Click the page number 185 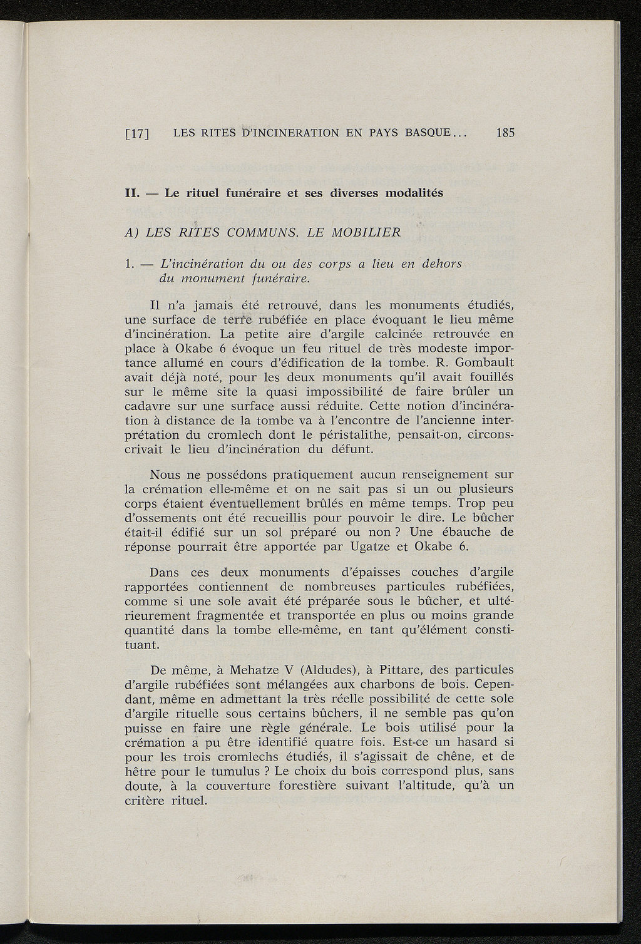(x=504, y=133)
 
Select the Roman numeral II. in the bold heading (x=131, y=193)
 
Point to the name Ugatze (x=379, y=546)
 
